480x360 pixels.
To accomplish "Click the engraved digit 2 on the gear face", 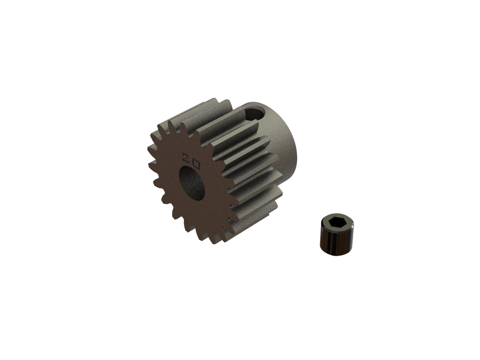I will (186, 155).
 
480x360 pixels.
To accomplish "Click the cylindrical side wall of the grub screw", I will (334, 242).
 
